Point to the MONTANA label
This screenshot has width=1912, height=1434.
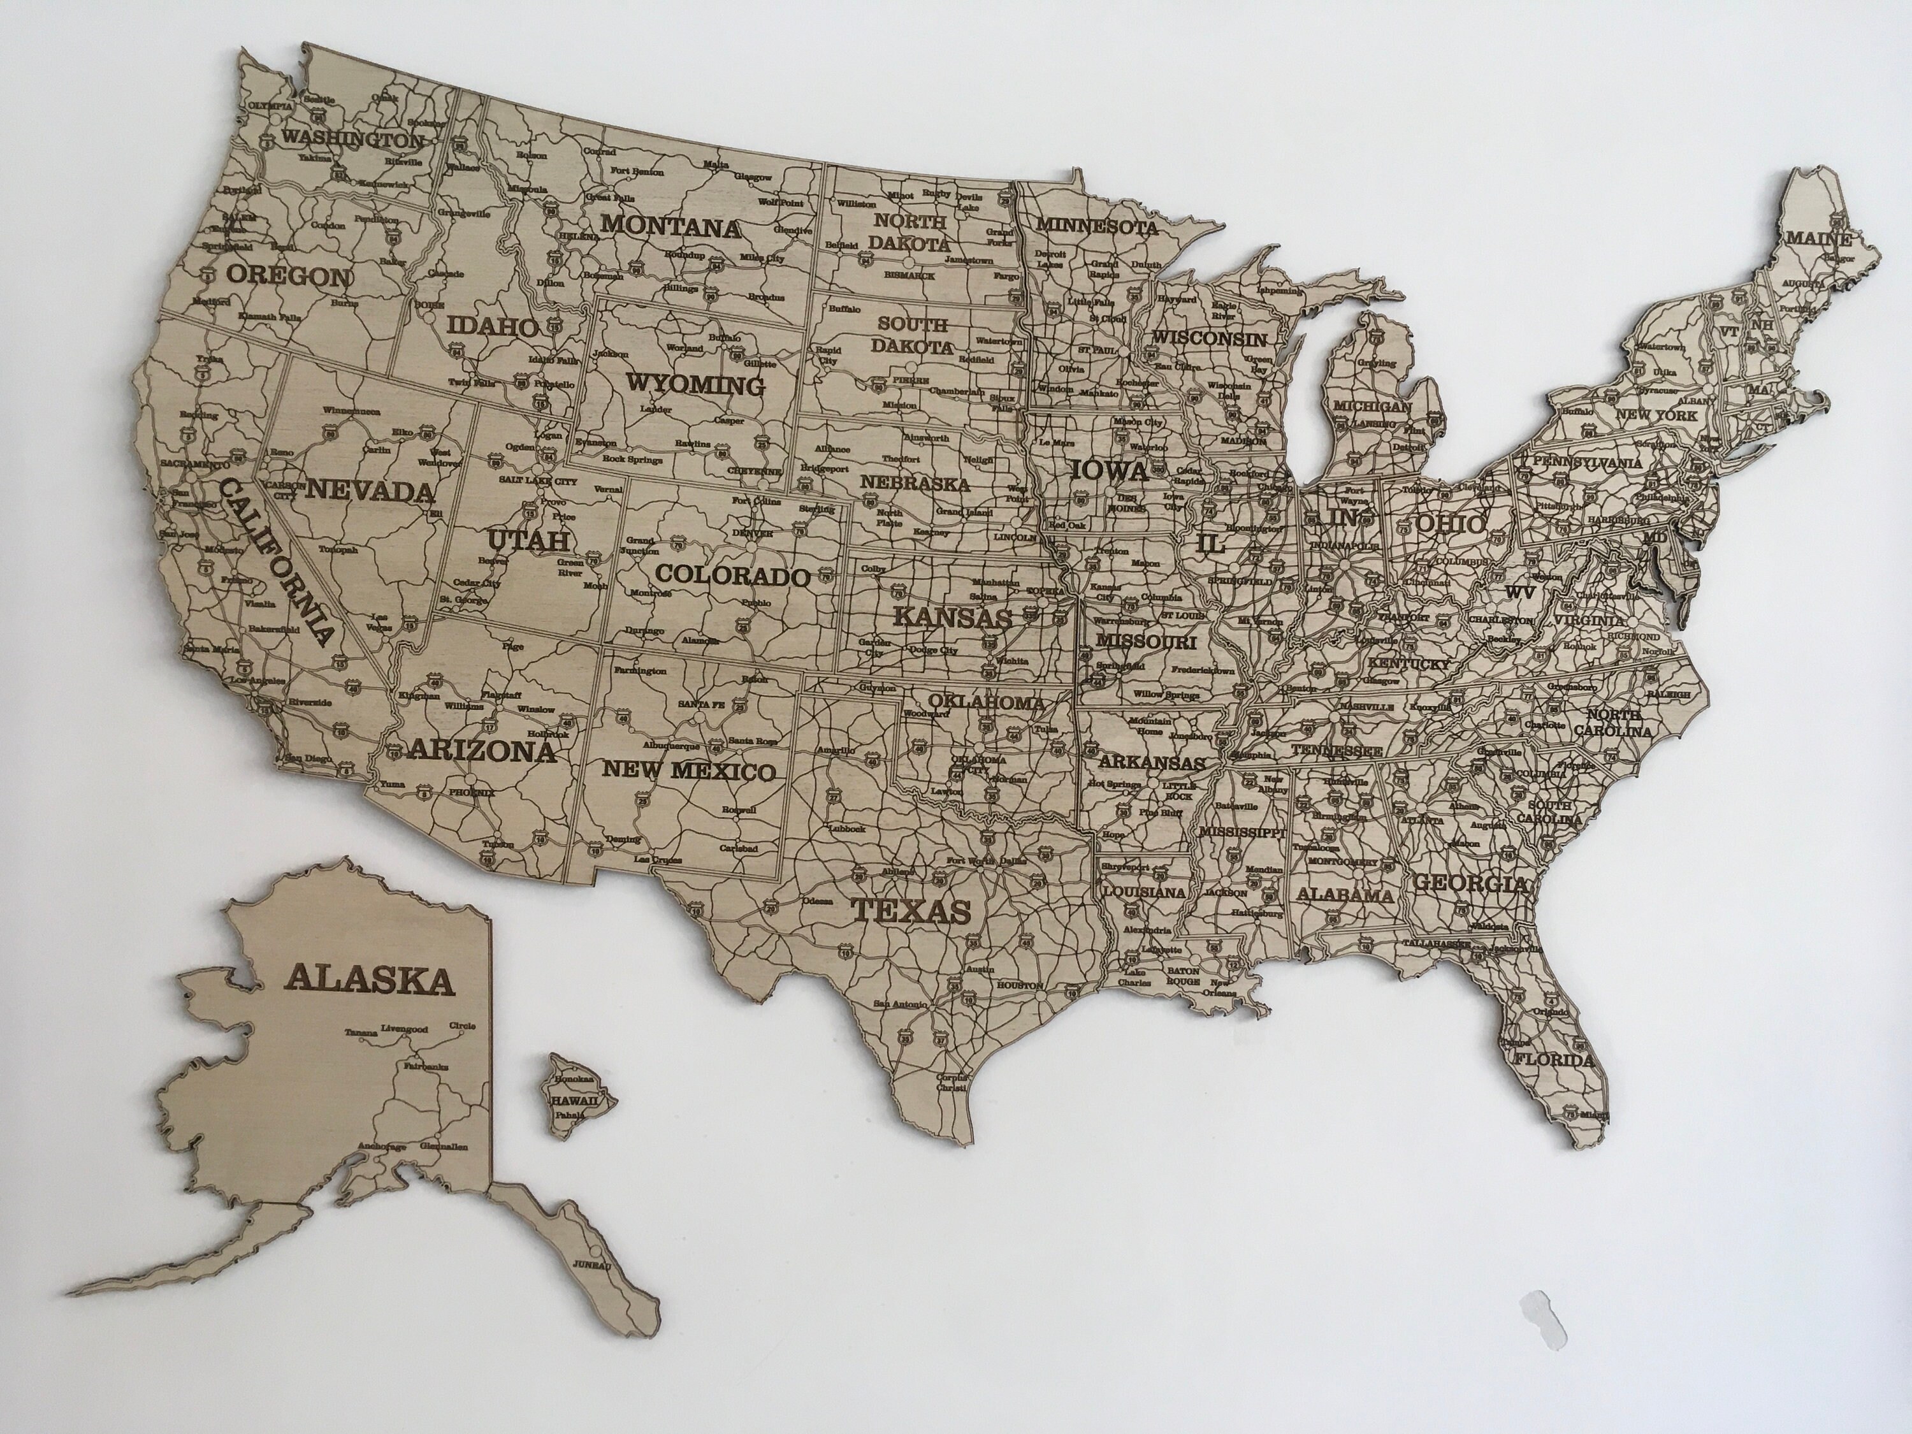coord(672,228)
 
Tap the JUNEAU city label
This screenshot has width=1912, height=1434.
coord(591,1291)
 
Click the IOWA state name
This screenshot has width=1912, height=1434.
coord(1109,471)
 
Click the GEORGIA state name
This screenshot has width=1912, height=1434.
coord(1470,884)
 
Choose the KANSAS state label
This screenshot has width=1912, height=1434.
coord(952,617)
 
